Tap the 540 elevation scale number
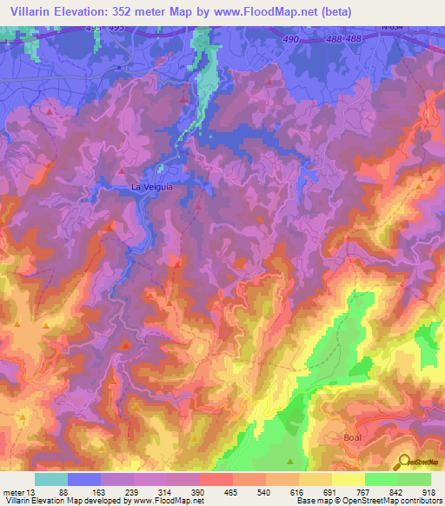click(x=264, y=492)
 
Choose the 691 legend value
click(x=330, y=492)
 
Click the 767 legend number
click(x=363, y=492)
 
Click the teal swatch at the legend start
click(x=51, y=479)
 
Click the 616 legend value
click(x=297, y=492)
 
